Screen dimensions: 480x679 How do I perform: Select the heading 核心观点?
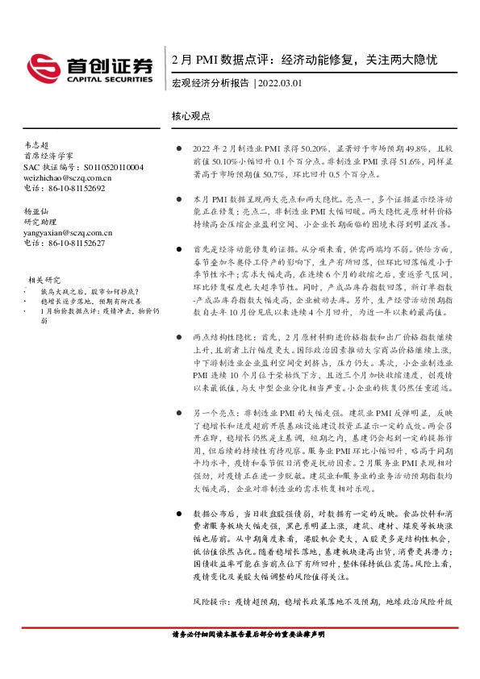[191, 115]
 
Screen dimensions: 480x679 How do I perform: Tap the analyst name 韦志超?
[38, 146]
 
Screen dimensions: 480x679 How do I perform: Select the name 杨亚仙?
[38, 210]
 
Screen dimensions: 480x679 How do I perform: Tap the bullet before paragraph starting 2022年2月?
[178, 149]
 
